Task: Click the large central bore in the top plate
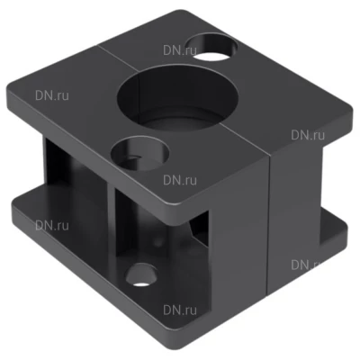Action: pyautogui.click(x=178, y=97)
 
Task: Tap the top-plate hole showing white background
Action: pyautogui.click(x=214, y=48)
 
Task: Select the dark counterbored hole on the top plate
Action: pyautogui.click(x=139, y=154)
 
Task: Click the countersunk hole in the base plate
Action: pyautogui.click(x=141, y=275)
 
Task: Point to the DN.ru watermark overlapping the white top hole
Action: pyautogui.click(x=180, y=50)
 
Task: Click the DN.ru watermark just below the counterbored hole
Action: pyautogui.click(x=180, y=180)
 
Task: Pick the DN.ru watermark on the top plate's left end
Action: pyautogui.click(x=52, y=95)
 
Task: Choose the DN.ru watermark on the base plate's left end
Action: pyautogui.click(x=52, y=225)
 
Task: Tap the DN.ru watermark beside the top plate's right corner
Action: pyautogui.click(x=308, y=135)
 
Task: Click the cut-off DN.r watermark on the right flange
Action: pyautogui.click(x=305, y=265)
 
